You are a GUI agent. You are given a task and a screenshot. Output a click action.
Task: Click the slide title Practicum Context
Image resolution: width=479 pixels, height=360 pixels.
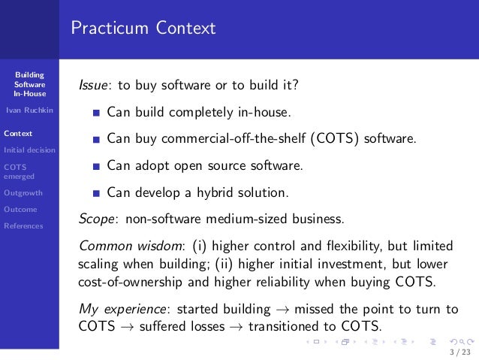coord(143,29)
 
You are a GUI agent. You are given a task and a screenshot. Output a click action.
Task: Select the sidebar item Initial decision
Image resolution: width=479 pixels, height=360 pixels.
coord(29,150)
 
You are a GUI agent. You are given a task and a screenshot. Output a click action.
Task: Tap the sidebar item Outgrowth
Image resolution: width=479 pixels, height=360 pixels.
coord(20,192)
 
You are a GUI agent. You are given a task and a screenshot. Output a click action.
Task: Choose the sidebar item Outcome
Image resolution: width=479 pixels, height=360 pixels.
coord(20,209)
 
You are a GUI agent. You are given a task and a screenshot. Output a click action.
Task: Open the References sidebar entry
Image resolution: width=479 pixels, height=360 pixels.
coord(23,225)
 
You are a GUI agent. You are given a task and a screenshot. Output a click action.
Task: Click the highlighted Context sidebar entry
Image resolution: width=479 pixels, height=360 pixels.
coord(17,134)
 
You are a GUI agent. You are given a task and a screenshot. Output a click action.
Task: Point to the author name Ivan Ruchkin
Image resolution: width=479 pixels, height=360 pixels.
coord(29,111)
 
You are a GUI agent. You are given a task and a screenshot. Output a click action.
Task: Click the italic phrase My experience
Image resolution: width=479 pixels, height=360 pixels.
coord(123,309)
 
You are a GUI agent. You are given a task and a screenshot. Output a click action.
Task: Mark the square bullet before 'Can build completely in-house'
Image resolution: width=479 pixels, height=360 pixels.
coord(96,113)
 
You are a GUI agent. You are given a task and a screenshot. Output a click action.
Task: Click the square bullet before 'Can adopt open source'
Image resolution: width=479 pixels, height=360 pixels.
coord(96,166)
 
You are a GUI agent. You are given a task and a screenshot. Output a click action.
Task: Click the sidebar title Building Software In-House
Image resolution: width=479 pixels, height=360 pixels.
coord(29,84)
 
